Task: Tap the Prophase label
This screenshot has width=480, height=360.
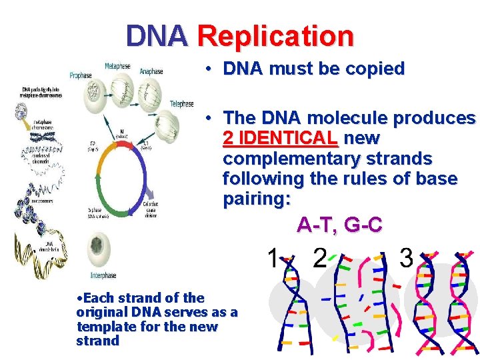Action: click(80, 75)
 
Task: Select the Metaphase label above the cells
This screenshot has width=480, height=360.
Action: click(117, 66)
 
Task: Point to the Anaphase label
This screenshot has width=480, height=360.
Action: click(151, 71)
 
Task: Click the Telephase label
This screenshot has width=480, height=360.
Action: click(181, 103)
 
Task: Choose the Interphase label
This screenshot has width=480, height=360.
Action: click(103, 275)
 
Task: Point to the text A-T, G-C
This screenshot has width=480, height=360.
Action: click(339, 225)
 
